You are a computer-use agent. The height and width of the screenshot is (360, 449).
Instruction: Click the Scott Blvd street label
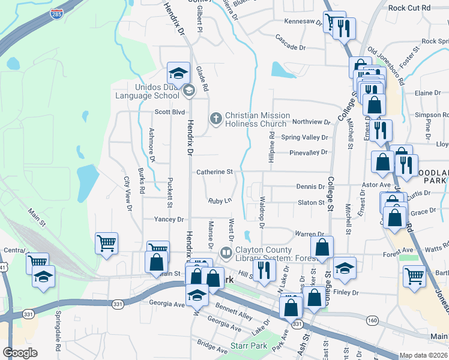[x=169, y=112]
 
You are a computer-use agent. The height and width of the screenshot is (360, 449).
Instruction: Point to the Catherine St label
[x=214, y=172]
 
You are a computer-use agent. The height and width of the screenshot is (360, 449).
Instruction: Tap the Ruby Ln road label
[x=220, y=201]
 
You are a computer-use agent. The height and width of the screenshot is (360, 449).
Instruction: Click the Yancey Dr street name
[x=169, y=220]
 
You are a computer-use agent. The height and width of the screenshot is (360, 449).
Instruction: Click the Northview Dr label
[x=312, y=122]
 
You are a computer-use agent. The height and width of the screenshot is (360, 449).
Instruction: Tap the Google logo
[x=20, y=353]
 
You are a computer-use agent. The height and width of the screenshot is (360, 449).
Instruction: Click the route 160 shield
[x=372, y=320]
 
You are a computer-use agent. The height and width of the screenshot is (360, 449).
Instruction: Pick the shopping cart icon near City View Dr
[x=106, y=244]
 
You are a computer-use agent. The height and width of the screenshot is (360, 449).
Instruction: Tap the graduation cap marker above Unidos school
[x=178, y=73]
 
